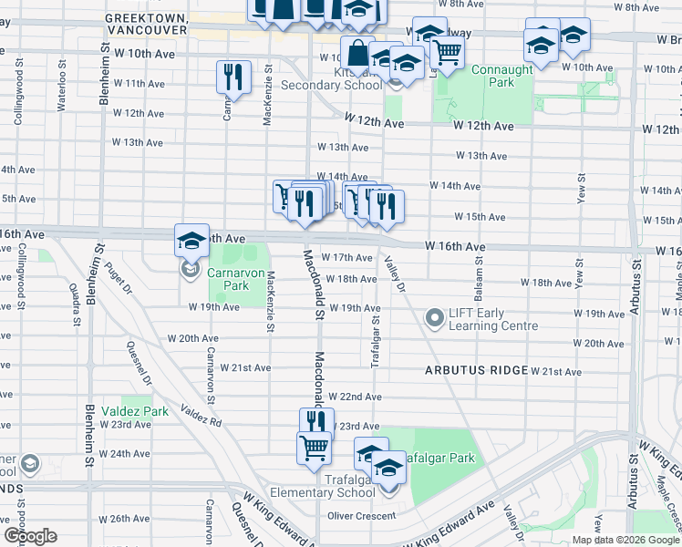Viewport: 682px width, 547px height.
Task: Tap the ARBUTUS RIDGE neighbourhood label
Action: [475, 370]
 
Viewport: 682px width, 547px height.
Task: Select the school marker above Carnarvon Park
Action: [191, 241]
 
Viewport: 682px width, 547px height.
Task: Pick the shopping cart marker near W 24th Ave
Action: [314, 448]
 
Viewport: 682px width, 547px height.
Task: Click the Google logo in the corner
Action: [30, 536]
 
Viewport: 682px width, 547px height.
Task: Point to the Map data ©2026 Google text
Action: [625, 540]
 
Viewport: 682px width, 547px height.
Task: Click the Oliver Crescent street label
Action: [362, 516]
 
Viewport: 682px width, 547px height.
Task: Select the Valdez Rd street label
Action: [201, 417]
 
